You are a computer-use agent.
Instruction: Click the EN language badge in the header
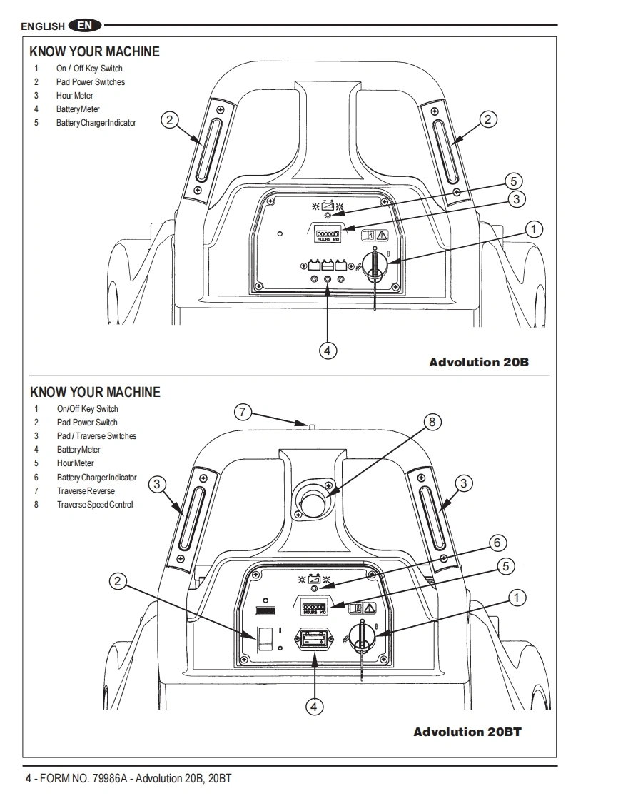[85, 25]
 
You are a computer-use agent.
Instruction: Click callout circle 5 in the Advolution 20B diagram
[513, 181]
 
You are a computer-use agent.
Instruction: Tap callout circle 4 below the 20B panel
[328, 351]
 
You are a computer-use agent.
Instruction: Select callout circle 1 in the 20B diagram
[534, 229]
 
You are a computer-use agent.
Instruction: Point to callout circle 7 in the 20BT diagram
[243, 412]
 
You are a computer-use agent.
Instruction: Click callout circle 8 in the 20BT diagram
[432, 422]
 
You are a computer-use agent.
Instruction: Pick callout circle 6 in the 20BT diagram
[497, 543]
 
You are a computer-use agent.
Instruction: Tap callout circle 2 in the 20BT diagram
[118, 581]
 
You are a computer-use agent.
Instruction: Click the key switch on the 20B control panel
[375, 266]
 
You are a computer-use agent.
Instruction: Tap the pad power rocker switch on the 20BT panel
[264, 638]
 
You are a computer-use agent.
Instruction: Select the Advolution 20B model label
[479, 362]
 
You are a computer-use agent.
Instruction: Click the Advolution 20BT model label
[467, 732]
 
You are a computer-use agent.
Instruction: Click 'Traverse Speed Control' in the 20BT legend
[95, 505]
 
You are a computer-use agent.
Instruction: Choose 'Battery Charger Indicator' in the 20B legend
[96, 123]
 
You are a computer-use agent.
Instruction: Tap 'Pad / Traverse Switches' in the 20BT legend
[96, 436]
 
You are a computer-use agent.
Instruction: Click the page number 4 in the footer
[29, 779]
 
